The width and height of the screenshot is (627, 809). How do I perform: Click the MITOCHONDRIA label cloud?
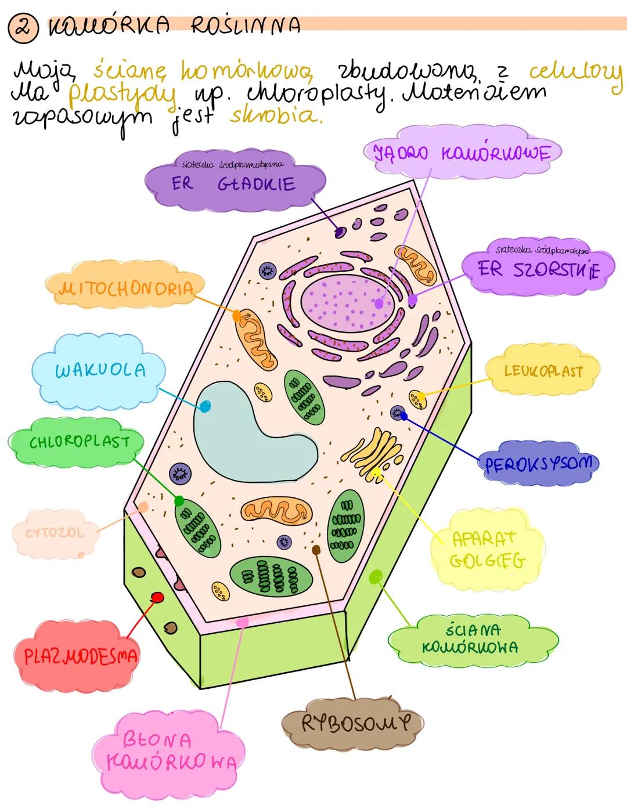[x=125, y=288]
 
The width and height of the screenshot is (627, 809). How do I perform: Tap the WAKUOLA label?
[x=100, y=370]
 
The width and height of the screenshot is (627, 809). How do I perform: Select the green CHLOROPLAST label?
[x=79, y=442]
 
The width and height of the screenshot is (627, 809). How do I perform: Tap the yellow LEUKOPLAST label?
[x=542, y=371]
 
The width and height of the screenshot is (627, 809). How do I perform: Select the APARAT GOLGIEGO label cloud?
[x=488, y=549]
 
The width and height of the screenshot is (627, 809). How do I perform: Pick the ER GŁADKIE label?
[x=233, y=184]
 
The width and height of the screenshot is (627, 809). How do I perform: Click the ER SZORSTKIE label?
[x=538, y=269]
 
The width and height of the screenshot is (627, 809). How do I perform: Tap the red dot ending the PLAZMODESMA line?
[x=157, y=597]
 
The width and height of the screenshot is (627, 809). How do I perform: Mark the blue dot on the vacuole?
[x=204, y=406]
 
